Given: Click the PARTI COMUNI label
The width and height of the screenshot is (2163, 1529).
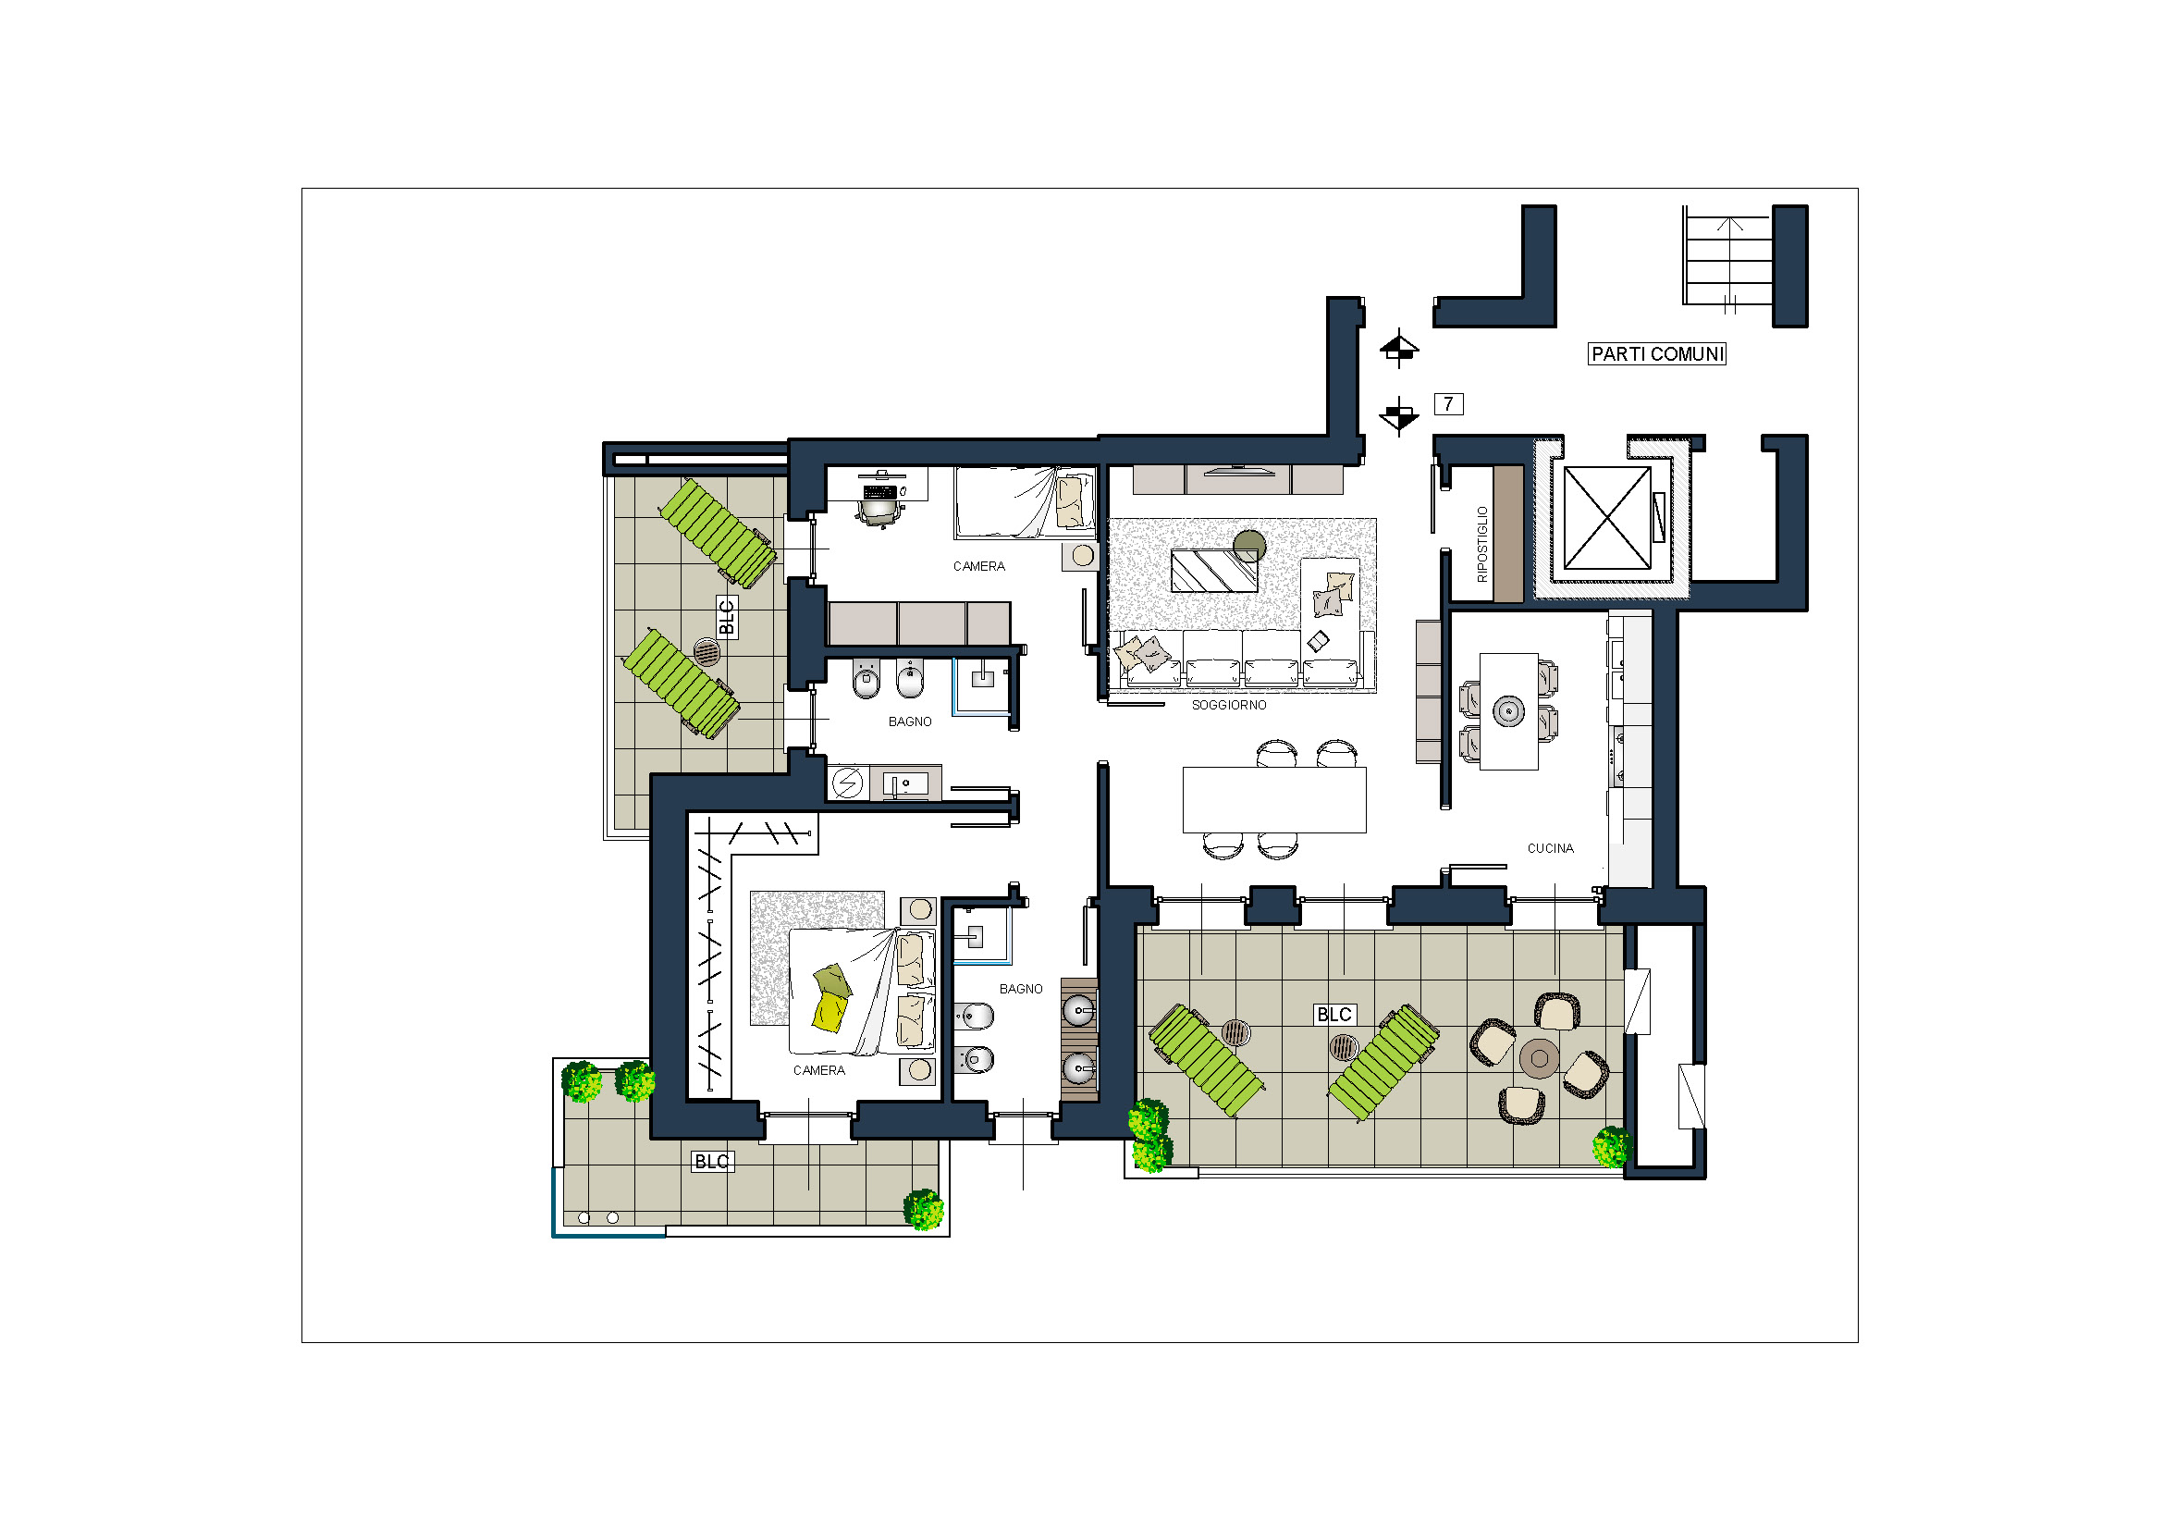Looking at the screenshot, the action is [1656, 354].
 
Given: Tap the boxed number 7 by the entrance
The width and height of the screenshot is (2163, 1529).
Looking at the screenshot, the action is [1448, 404].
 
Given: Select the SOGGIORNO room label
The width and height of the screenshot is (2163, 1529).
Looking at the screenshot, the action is [1228, 705].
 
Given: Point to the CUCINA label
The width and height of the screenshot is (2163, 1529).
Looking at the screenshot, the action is [1550, 848].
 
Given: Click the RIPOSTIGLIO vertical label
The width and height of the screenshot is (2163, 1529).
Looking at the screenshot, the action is [1481, 544].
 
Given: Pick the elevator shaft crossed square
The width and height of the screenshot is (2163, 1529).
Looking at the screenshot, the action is [1607, 518].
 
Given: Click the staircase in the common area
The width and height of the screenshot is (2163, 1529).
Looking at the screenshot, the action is [1727, 256].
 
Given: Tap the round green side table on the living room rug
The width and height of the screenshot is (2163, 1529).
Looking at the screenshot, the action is [1249, 546].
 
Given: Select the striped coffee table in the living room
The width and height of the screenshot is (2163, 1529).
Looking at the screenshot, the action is [1213, 571].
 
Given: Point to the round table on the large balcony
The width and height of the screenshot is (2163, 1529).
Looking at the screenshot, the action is [1540, 1059].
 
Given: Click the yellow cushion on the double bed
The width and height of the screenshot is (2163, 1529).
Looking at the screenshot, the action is [829, 1013].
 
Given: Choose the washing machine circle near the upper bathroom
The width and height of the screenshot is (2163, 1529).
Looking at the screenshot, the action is [846, 783].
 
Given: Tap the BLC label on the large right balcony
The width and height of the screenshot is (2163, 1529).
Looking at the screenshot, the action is [1334, 1015].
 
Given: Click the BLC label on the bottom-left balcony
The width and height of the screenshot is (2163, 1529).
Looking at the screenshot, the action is [711, 1162].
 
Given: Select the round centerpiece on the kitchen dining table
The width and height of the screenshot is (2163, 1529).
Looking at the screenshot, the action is [1508, 711].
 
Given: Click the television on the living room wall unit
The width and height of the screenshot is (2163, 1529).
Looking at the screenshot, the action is [1239, 470].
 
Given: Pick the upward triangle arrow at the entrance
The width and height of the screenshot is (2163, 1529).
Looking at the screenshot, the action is [1399, 346].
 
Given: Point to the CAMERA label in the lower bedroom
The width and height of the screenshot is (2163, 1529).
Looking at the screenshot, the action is [818, 1070].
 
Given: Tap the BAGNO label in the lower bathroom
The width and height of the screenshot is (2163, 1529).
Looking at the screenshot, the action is [1021, 989].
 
